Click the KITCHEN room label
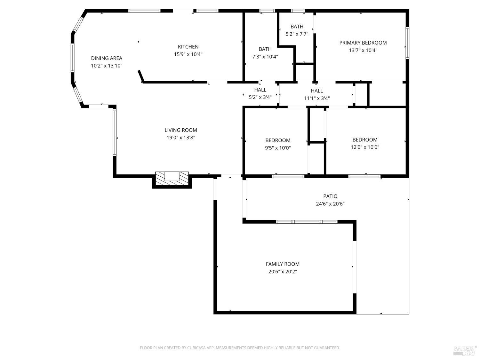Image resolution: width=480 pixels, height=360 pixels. [188, 47]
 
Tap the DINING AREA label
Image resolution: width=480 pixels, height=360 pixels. [107, 58]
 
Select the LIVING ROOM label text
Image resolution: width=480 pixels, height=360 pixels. [181, 130]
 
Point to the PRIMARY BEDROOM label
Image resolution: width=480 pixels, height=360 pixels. [363, 43]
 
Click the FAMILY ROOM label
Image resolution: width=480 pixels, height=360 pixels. [283, 264]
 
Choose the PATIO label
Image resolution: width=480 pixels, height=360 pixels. [330, 196]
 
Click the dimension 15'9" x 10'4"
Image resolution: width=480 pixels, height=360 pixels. [188, 54]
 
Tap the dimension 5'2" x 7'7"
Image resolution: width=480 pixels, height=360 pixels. [297, 34]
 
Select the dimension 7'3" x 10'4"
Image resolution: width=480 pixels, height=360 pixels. [265, 57]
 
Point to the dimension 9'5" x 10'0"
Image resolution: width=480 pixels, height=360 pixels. [278, 148]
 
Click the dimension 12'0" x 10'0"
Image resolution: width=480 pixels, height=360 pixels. [365, 147]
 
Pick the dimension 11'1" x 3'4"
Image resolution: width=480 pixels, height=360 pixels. [317, 98]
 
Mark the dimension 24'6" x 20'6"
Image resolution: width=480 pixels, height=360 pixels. [330, 204]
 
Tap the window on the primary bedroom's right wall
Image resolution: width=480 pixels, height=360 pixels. [407, 43]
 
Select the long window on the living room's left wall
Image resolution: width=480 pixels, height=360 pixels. [115, 132]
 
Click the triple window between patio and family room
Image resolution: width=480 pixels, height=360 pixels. [307, 221]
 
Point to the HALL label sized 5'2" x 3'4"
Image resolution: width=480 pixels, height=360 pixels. [260, 90]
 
